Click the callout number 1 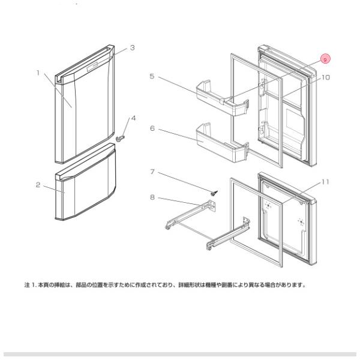tap(38, 73)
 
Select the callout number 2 tap(38, 185)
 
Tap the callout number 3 tap(132, 47)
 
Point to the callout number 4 tap(133, 118)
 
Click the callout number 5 tap(152, 76)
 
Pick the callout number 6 tap(152, 128)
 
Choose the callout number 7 tap(152, 172)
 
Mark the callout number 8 tap(152, 196)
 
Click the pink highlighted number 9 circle tap(325, 59)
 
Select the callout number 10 tap(326, 77)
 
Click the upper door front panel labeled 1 tap(84, 114)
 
